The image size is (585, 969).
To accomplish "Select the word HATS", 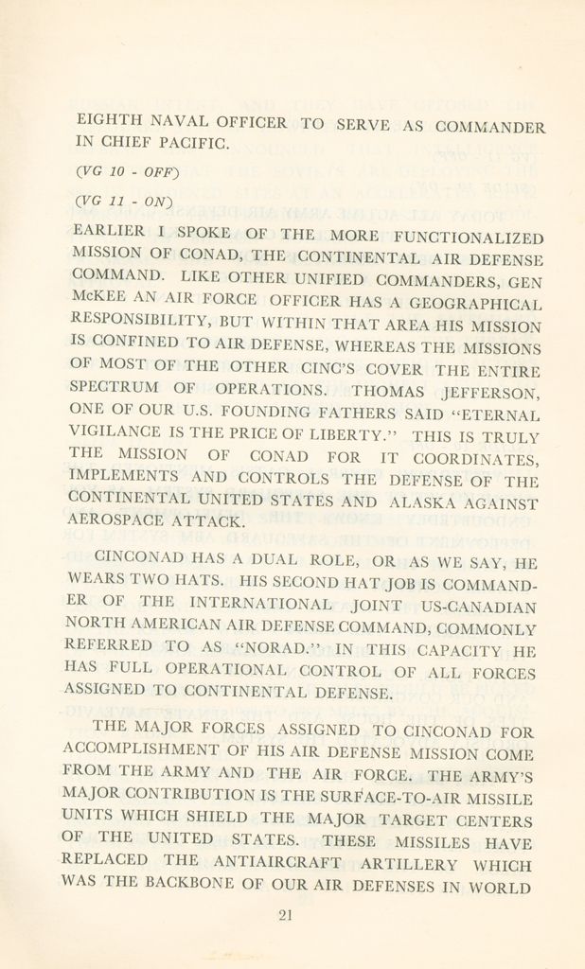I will tap(204, 580).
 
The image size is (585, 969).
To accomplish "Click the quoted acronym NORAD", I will tap(284, 649).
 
